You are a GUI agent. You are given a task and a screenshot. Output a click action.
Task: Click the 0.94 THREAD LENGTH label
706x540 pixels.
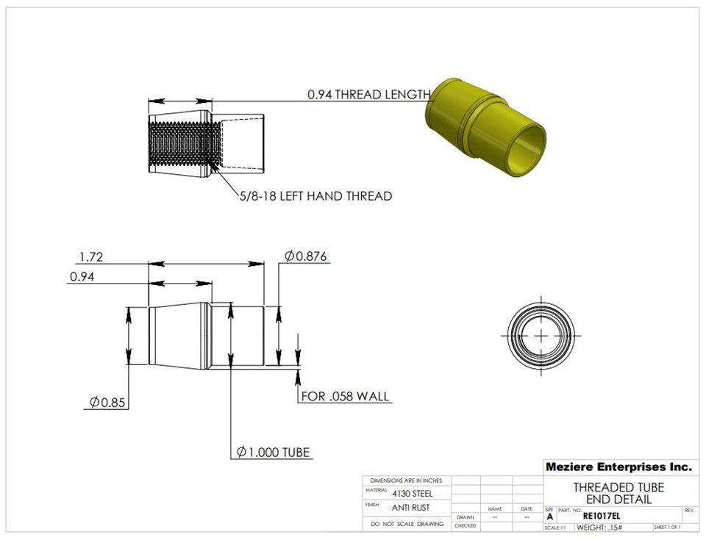368,95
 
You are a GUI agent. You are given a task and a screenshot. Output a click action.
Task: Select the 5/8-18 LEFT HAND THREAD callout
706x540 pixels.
315,196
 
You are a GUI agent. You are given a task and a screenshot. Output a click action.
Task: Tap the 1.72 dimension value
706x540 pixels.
90,256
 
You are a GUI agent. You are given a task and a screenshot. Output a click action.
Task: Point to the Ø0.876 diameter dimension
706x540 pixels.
306,256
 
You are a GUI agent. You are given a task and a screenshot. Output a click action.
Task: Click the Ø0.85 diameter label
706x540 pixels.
107,403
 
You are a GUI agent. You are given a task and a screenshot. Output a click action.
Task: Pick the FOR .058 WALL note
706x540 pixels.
345,397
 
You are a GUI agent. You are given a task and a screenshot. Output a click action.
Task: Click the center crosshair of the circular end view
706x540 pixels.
541,335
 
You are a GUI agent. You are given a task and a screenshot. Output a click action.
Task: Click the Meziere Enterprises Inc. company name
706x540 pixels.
618,467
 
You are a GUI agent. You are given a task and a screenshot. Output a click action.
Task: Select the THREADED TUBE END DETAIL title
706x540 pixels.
618,493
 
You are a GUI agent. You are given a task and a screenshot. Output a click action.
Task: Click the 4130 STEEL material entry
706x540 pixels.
413,494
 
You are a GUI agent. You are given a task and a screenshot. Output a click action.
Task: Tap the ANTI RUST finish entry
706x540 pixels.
410,508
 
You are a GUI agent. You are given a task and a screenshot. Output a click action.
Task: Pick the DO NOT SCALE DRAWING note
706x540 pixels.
407,524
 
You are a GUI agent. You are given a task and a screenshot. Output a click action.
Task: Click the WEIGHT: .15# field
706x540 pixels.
599,528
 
